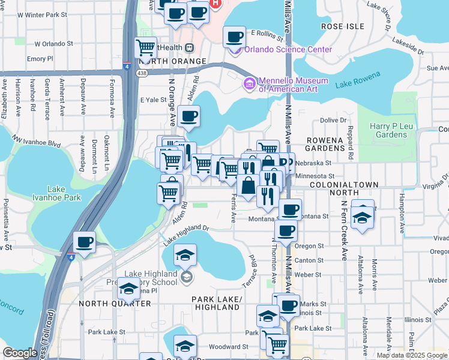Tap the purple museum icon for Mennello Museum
[249, 85]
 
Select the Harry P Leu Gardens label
[388, 130]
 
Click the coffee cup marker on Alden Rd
[188, 116]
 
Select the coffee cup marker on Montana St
[290, 210]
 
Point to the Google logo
[20, 353]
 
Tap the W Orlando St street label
[53, 44]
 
